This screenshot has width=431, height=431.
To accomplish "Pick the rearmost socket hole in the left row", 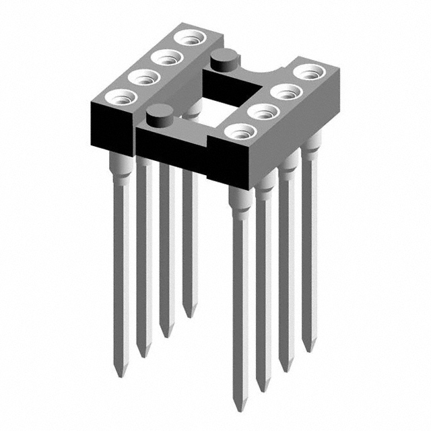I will pos(187,39).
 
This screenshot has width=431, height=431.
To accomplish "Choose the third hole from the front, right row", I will pos(284,91).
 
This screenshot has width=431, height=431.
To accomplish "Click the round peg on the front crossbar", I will pos(159,117).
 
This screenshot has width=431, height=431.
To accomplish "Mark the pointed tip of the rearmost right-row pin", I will pos(308,349).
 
